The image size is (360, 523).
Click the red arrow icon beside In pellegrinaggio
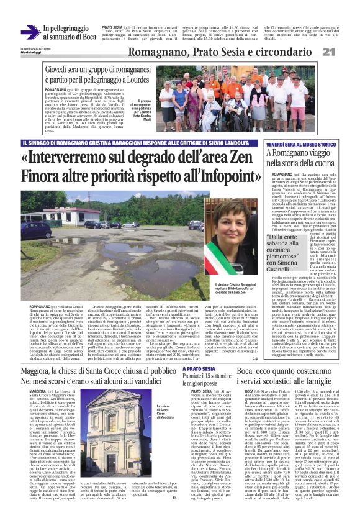point(35,29)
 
